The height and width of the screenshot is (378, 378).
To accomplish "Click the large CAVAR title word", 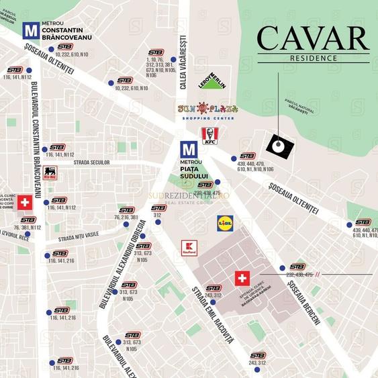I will (313, 39).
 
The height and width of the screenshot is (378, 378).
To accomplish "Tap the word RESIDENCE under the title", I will (314, 58).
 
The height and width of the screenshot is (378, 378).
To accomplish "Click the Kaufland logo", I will (189, 248).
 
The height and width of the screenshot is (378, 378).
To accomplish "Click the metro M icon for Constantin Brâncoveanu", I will (30, 30).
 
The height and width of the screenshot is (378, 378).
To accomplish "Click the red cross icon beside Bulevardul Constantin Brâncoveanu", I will (25, 202).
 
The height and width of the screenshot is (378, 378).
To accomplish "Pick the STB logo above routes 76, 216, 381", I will (127, 209).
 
